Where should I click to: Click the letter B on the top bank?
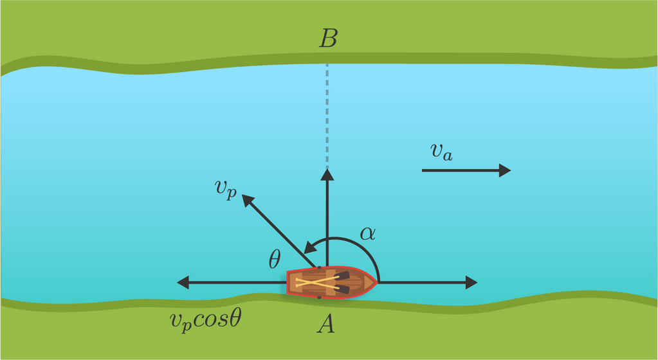tap(328, 38)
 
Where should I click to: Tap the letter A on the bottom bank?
tap(326, 323)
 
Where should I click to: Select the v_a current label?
tap(441, 152)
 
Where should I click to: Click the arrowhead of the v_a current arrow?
tap(505, 170)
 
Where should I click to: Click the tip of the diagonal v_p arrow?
tap(242, 195)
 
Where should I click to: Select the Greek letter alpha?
tap(368, 233)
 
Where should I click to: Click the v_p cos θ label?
tap(206, 321)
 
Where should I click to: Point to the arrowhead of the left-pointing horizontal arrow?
tap(183, 282)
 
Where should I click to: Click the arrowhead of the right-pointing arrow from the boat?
tap(471, 282)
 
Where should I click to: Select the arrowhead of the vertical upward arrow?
tap(327, 174)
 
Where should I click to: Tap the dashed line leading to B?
tap(327, 116)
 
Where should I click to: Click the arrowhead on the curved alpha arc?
tap(309, 248)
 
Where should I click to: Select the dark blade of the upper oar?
tap(342, 275)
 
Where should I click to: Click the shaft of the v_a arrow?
tap(461, 170)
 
